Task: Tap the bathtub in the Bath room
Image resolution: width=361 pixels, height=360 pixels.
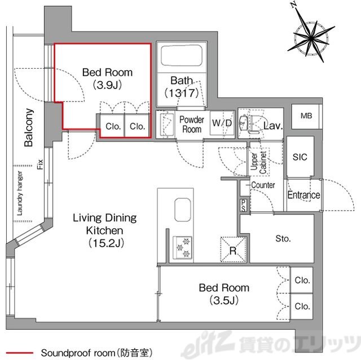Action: pyautogui.click(x=182, y=56)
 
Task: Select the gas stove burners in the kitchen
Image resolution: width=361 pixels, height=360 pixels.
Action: pyautogui.click(x=183, y=247)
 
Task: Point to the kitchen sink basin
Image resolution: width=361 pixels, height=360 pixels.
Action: pyautogui.click(x=183, y=210)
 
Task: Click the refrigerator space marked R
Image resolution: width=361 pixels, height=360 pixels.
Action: pyautogui.click(x=233, y=250)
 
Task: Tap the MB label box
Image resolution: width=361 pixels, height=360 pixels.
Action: pyautogui.click(x=306, y=116)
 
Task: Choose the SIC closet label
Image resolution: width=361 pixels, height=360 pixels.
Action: pyautogui.click(x=300, y=157)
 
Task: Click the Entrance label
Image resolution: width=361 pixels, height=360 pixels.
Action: pyautogui.click(x=303, y=195)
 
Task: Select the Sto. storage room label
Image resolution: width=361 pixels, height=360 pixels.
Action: pyautogui.click(x=283, y=239)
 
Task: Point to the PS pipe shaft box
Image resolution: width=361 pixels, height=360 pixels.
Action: pyautogui.click(x=244, y=205)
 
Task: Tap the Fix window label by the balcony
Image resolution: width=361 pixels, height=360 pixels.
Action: pyautogui.click(x=40, y=164)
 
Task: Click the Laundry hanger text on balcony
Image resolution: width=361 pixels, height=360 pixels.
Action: pyautogui.click(x=20, y=193)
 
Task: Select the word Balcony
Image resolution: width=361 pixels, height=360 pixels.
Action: pyautogui.click(x=29, y=127)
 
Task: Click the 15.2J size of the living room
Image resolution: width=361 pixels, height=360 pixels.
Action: pyautogui.click(x=106, y=243)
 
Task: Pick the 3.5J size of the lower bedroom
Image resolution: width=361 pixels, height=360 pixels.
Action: pyautogui.click(x=224, y=300)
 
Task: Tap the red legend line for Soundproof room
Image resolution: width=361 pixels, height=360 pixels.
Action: pyautogui.click(x=20, y=353)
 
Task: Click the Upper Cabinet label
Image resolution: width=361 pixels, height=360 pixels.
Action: pyautogui.click(x=258, y=162)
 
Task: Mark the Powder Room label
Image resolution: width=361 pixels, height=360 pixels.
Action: pyautogui.click(x=192, y=125)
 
